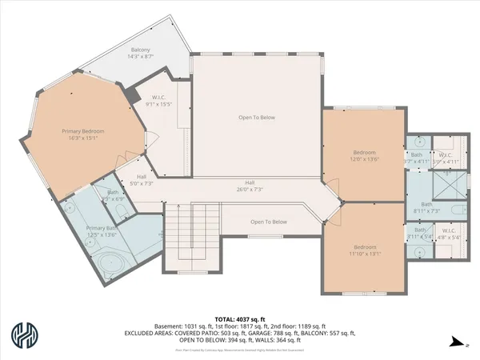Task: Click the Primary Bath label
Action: click(x=102, y=231)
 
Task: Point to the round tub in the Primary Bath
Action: click(x=112, y=266)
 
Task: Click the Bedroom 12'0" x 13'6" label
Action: click(x=364, y=155)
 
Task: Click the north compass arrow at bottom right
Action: click(x=457, y=342)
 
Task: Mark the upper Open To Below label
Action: click(x=256, y=118)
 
